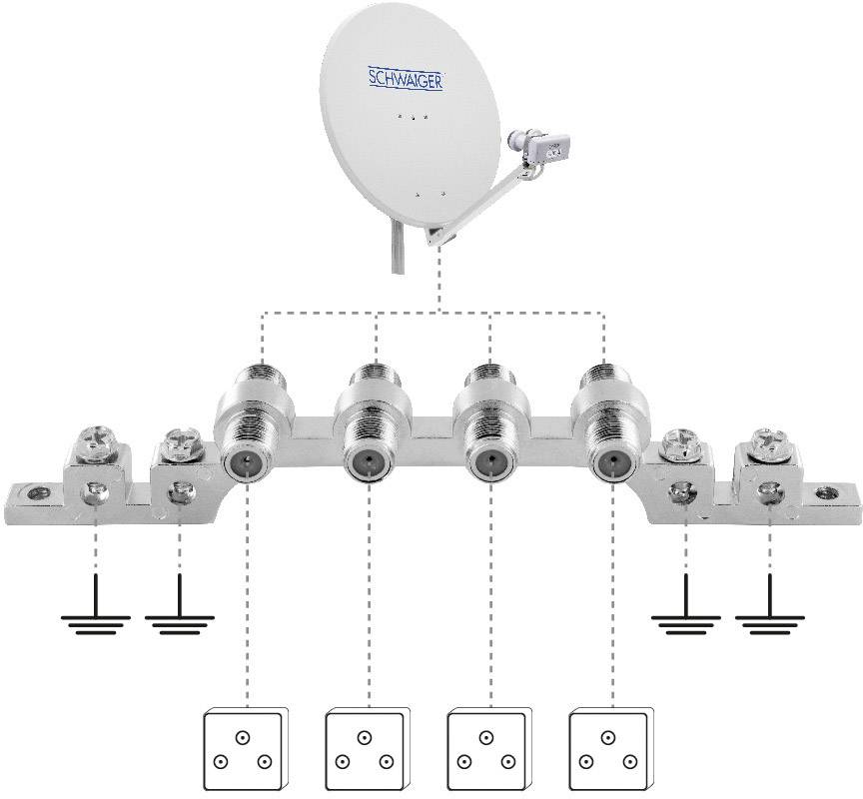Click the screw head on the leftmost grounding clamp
pos(96,442)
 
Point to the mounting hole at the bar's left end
pos(38,491)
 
